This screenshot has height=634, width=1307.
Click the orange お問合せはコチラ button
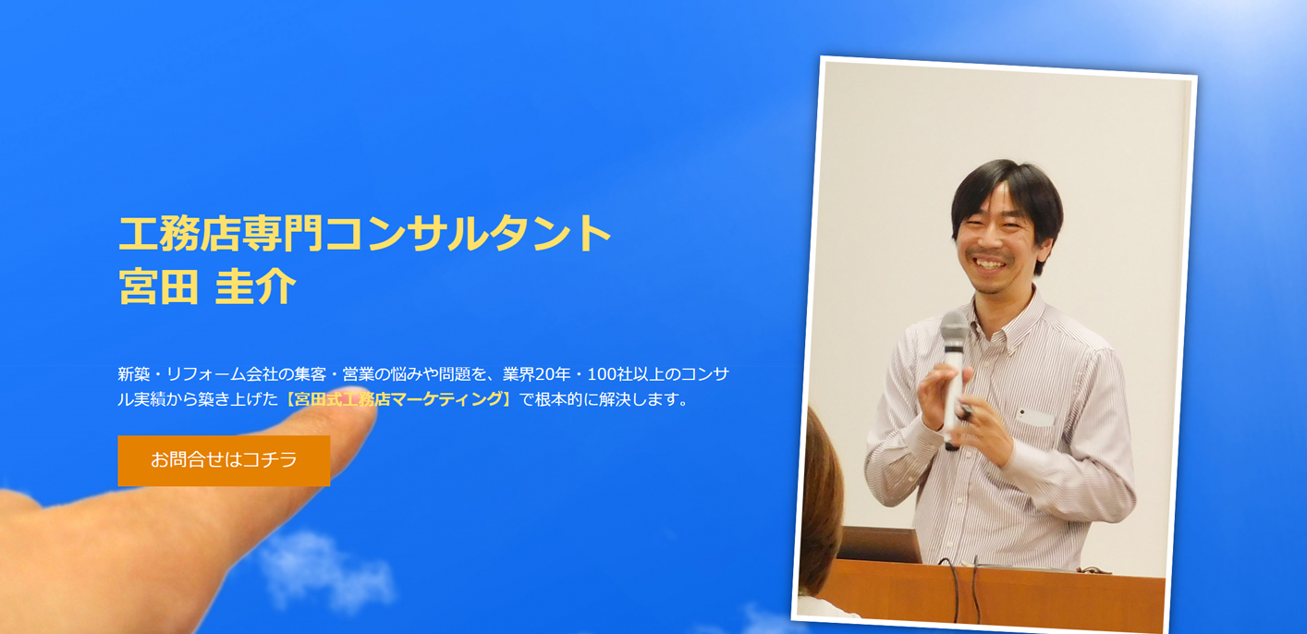pyautogui.click(x=224, y=460)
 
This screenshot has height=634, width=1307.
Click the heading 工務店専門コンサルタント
pyautogui.click(x=365, y=233)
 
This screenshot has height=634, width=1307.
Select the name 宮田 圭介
pyautogui.click(x=207, y=287)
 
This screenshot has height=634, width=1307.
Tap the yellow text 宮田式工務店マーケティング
pyautogui.click(x=397, y=400)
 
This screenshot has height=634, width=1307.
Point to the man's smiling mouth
pyautogui.click(x=988, y=263)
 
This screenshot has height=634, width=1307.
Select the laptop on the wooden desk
pyautogui.click(x=878, y=545)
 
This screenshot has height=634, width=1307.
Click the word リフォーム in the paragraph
pyautogui.click(x=204, y=374)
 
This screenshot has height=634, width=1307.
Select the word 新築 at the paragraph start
pyautogui.click(x=133, y=374)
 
